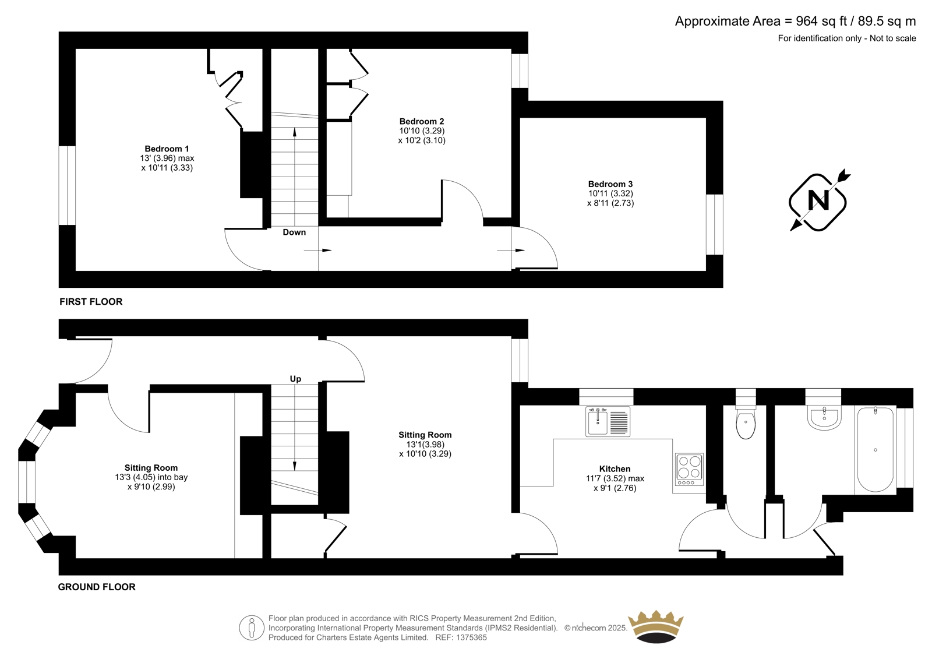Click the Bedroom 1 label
(x=167, y=149)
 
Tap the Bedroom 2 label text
(x=422, y=122)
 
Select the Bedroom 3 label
(x=610, y=184)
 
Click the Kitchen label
(x=615, y=468)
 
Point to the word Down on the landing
(x=294, y=232)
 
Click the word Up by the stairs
(x=295, y=379)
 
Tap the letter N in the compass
(x=818, y=200)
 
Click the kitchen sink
(x=608, y=421)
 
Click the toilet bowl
(x=746, y=423)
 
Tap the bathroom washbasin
(x=824, y=418)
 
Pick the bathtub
(x=875, y=450)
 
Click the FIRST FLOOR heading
(x=91, y=302)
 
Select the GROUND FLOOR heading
(x=97, y=587)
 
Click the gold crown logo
(x=656, y=626)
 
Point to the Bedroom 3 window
(x=715, y=224)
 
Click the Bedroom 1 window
(x=67, y=185)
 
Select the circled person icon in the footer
(x=252, y=628)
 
